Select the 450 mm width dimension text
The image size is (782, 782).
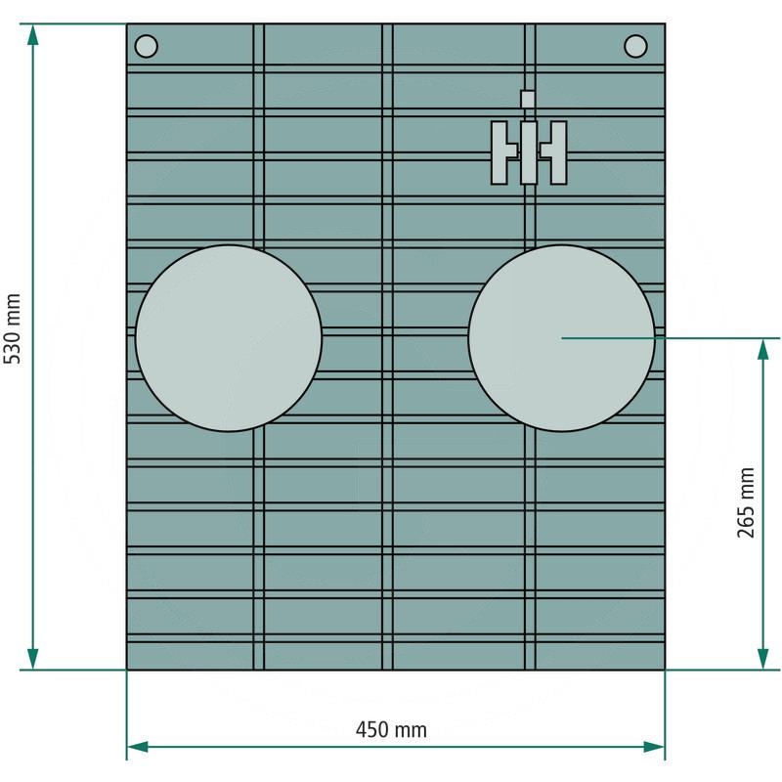(x=391, y=729)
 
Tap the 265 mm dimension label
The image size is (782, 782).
(x=747, y=502)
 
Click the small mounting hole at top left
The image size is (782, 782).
(x=146, y=46)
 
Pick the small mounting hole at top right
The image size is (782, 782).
(x=635, y=46)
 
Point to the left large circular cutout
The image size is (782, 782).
(x=229, y=337)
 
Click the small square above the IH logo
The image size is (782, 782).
(x=528, y=99)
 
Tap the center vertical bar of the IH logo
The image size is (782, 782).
(x=528, y=152)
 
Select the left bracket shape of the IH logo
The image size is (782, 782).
(x=501, y=152)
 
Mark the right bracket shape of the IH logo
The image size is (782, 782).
(x=557, y=152)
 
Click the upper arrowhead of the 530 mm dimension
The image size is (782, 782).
(x=33, y=35)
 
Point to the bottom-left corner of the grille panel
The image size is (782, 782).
(x=127, y=670)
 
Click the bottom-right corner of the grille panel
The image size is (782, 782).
(x=665, y=670)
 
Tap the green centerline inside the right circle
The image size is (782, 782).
(x=606, y=337)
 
